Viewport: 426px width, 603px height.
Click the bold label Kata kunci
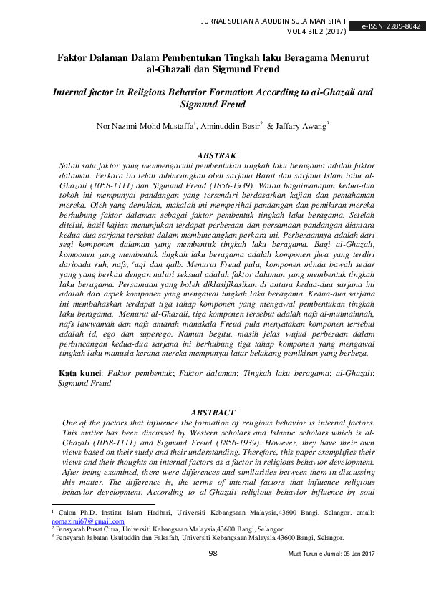click(x=79, y=373)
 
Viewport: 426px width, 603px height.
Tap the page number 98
click(x=213, y=553)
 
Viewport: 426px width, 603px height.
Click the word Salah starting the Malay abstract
click(x=70, y=165)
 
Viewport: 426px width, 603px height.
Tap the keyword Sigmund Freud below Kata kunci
click(x=82, y=383)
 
